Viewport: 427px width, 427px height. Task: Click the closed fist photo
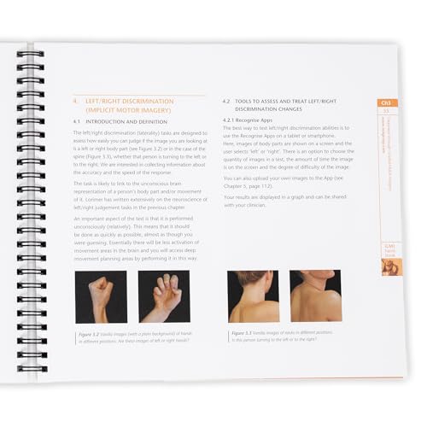point(101,296)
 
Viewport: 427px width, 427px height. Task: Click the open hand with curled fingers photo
point(164,296)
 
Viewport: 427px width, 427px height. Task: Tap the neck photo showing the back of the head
point(254,295)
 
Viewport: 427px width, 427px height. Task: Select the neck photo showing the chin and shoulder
point(315,295)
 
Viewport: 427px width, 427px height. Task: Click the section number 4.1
point(77,121)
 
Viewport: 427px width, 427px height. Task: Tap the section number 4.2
point(227,101)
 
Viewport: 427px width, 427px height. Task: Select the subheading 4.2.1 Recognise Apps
point(250,120)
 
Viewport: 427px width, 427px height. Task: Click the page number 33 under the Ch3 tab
point(387,113)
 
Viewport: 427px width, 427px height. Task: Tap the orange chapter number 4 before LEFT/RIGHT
point(75,102)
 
